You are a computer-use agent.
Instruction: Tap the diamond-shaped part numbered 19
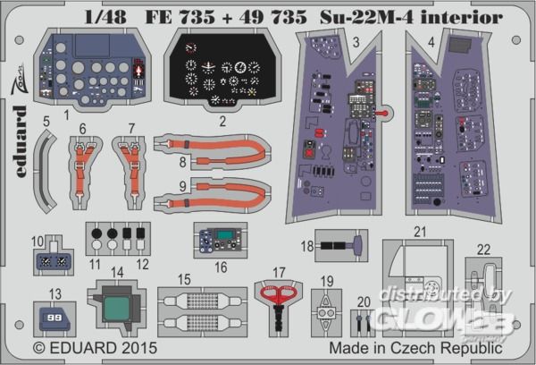[x=327, y=315]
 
